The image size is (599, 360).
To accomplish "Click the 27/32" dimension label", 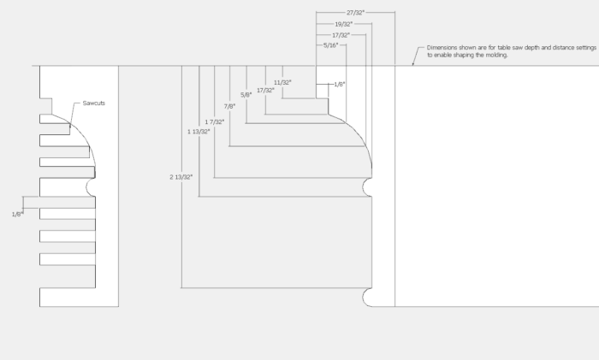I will click(356, 13).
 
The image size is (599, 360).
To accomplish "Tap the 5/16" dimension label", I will click(330, 44).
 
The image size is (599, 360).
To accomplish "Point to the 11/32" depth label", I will click(282, 82).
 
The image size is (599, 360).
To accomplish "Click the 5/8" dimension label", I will click(246, 94).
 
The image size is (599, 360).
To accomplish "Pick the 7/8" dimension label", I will click(229, 106).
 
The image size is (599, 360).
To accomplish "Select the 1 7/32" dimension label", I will click(214, 121).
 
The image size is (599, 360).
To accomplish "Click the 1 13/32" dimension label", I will click(199, 132).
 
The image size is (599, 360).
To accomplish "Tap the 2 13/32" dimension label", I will click(181, 176).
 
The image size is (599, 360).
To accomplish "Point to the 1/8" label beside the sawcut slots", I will click(16, 213).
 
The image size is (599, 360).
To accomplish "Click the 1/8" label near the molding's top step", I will click(339, 85).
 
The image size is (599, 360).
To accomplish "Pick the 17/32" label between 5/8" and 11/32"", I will click(264, 89).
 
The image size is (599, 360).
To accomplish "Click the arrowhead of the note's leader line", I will click(413, 63).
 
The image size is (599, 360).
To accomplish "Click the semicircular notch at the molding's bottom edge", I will click(368, 297).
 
